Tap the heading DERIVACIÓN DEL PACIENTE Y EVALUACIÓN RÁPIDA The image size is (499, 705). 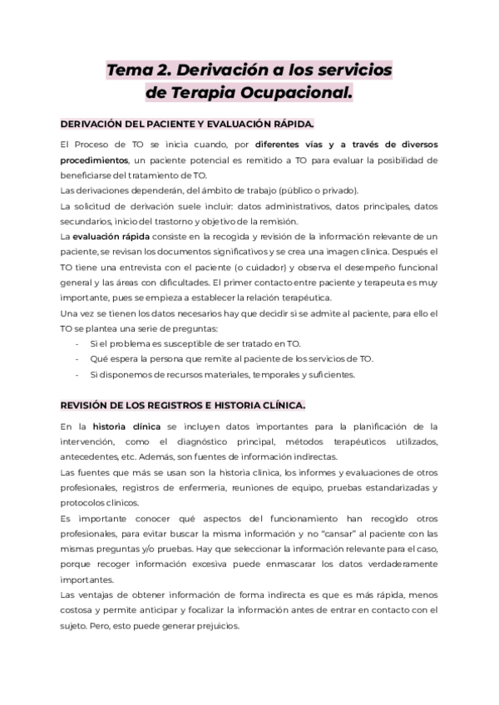[188, 124]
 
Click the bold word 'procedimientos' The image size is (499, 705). [95, 160]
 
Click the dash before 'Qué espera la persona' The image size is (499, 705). [77, 359]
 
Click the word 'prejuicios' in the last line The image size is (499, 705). [214, 627]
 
